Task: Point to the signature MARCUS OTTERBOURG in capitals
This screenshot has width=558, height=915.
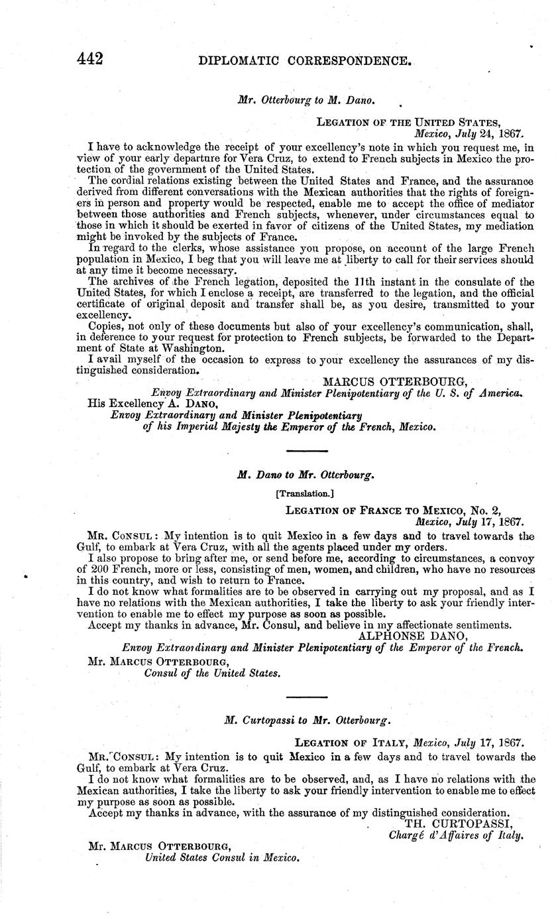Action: tap(395, 380)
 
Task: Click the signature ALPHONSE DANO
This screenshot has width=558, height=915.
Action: tap(413, 635)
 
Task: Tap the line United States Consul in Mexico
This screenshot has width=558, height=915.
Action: tap(223, 858)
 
